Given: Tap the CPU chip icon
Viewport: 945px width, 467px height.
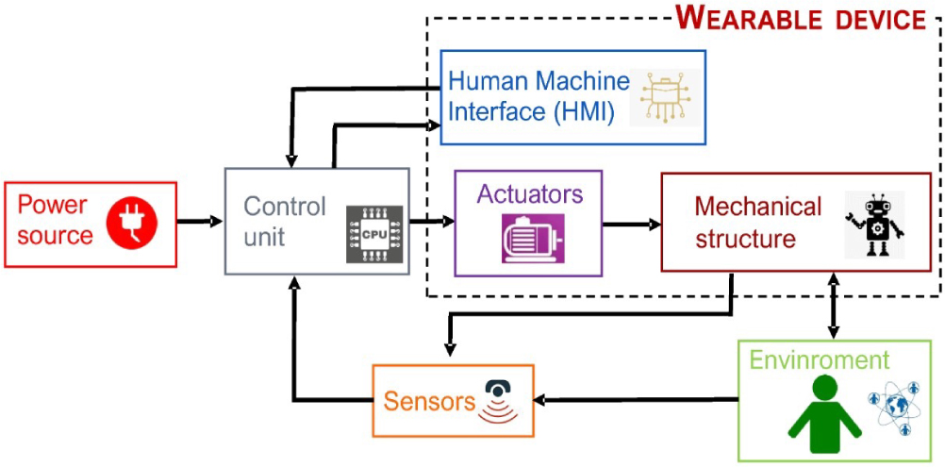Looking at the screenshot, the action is (374, 234).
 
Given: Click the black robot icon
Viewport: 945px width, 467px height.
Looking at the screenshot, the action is (875, 225).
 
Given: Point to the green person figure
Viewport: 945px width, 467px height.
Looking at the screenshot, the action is (824, 414).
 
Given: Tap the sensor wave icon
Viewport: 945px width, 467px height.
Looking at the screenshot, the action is (498, 402).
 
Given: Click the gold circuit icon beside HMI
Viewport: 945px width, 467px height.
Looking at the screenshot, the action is (665, 97).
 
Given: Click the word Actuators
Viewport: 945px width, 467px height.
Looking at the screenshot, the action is (530, 194).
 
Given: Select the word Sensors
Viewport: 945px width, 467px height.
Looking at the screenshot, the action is (430, 401).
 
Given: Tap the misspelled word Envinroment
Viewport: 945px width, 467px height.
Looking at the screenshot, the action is (819, 359).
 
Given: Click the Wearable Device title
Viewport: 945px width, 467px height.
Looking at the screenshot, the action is (800, 18).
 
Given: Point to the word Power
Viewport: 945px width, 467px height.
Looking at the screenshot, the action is (52, 206).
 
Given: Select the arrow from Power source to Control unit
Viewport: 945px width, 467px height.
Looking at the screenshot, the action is (200, 222).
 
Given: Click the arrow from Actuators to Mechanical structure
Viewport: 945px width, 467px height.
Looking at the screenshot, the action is (632, 225).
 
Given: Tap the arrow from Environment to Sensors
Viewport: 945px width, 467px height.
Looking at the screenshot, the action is (637, 399).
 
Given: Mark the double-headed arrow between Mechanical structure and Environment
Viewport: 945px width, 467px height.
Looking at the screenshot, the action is (833, 306).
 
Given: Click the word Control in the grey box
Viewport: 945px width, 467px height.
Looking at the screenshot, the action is (285, 207).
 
